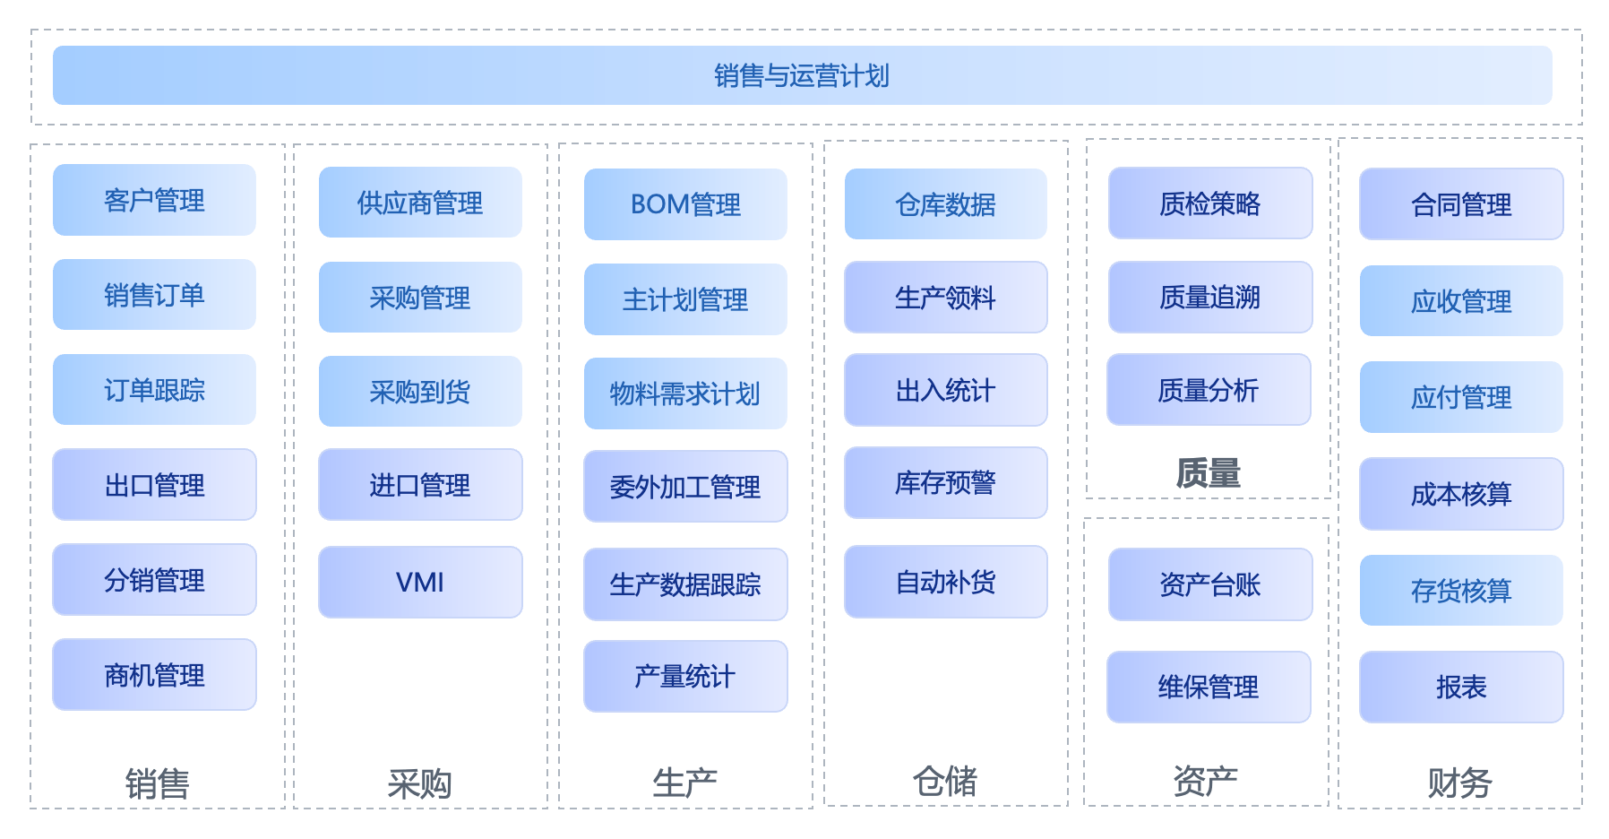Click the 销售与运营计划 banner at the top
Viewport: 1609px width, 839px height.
click(802, 75)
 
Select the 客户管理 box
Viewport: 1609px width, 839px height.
click(154, 200)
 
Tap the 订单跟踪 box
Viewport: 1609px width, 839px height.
click(154, 390)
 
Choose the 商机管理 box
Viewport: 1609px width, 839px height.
click(154, 675)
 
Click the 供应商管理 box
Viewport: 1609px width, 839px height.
click(420, 203)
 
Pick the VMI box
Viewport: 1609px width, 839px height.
click(420, 583)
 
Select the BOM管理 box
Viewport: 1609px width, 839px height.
click(685, 204)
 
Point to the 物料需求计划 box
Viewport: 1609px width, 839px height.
click(685, 394)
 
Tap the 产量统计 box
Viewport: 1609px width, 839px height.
click(685, 677)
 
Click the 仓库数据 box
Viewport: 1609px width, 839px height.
click(945, 204)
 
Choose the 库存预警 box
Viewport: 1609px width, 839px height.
click(945, 483)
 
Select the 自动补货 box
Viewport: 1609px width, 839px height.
click(945, 583)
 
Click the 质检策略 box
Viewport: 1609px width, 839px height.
click(1209, 203)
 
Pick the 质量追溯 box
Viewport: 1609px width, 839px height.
click(1209, 298)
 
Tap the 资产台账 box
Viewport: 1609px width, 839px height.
click(1209, 584)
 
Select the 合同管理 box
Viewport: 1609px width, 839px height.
click(1461, 204)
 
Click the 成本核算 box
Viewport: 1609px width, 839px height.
click(1461, 494)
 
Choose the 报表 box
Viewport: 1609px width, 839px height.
click(1461, 688)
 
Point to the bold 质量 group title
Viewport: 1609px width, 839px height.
click(1209, 472)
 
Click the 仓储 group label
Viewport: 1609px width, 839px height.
click(945, 782)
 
